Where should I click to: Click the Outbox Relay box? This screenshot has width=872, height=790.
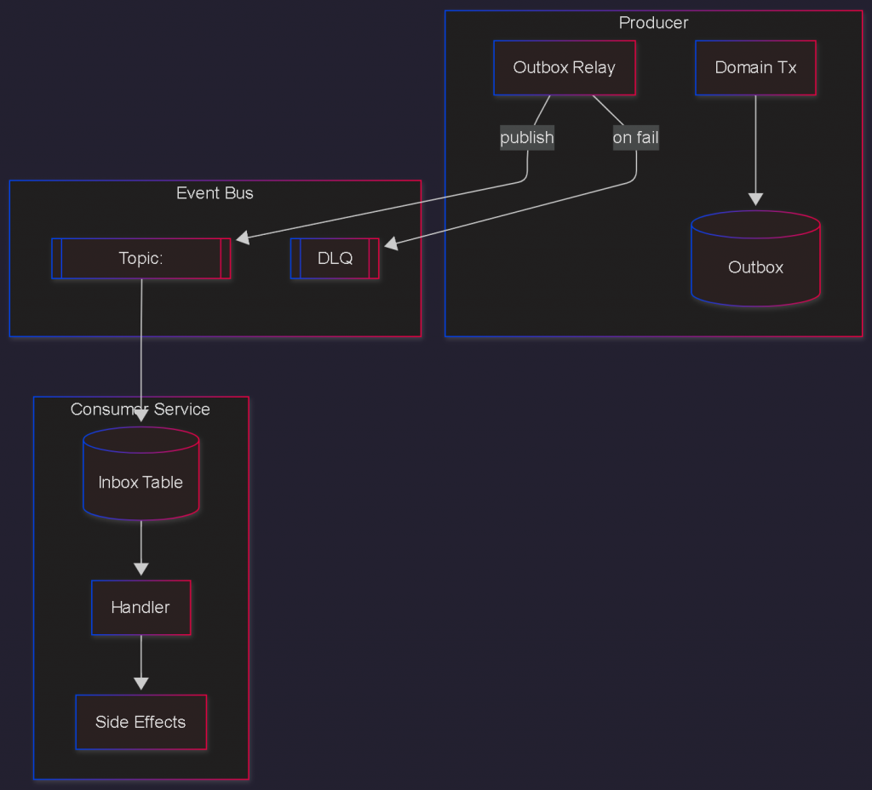(565, 67)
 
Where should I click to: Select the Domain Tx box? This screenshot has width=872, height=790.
(755, 67)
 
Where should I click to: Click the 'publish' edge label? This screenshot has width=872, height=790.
(527, 137)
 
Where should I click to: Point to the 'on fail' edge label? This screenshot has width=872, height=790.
(635, 137)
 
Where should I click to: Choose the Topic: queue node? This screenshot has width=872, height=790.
(141, 259)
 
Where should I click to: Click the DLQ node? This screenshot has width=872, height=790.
(335, 259)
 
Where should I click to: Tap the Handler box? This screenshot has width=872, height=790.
(141, 608)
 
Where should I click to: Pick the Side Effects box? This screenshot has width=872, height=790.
(141, 722)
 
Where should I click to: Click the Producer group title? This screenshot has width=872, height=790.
(653, 23)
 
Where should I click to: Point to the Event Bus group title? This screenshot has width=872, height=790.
(215, 193)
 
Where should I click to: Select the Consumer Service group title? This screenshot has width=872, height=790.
(141, 409)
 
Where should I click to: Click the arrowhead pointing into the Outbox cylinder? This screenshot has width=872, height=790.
(755, 200)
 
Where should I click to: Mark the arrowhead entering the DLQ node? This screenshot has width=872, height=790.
(390, 244)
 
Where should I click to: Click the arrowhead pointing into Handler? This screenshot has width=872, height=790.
(141, 570)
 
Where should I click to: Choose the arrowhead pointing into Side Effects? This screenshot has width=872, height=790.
(141, 684)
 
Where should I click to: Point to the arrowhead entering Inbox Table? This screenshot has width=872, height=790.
(141, 417)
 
